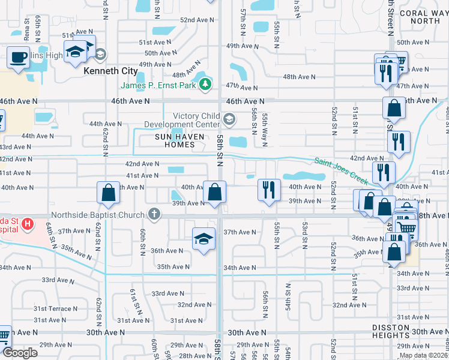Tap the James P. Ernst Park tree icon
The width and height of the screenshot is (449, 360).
(206, 84)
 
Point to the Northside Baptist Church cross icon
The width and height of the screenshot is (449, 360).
(154, 214)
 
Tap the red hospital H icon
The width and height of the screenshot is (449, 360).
(26, 225)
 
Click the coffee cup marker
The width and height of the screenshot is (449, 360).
(18, 58)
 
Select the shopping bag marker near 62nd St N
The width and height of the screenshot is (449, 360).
(108, 193)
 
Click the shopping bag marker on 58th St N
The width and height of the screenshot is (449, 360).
(214, 193)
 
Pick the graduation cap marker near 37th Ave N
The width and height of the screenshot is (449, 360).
(204, 238)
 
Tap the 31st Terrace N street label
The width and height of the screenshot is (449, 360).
(56, 308)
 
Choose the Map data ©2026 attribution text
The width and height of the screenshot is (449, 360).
(422, 355)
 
